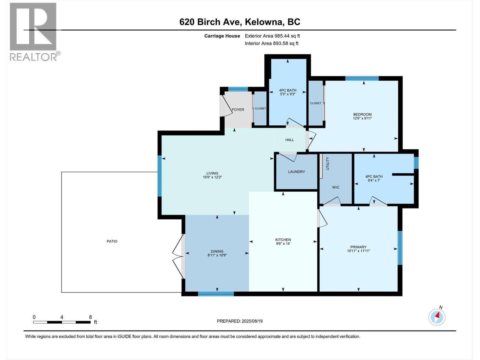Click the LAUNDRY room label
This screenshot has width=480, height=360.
coord(296,172)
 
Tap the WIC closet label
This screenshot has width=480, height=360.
coord(335,187)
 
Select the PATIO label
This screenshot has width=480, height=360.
coord(112,241)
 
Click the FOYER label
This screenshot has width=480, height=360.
coord(238,109)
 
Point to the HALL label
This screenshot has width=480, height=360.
coord(289,140)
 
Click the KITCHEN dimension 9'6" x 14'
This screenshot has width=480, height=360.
coord(283,244)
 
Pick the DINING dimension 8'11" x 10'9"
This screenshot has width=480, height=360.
coord(217,255)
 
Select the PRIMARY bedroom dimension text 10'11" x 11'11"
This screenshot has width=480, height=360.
coord(358,251)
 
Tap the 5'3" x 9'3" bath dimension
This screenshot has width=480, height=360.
coord(287,94)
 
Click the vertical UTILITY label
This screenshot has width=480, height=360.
coord(328,163)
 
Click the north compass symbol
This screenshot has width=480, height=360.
coord(437,317)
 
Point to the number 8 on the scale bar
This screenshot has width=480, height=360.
coord(90,317)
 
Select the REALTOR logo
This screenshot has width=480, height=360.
coord(33,31)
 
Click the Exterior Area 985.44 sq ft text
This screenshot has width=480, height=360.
coord(272,36)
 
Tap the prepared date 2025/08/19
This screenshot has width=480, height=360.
coord(252,321)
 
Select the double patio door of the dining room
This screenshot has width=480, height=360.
coord(178,256)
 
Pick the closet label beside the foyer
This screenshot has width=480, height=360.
coord(260,108)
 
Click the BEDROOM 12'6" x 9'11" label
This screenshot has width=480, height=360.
coord(362,116)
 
